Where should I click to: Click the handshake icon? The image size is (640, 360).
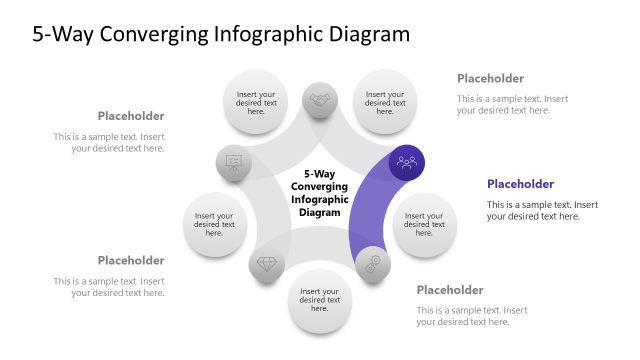(x=320, y=100)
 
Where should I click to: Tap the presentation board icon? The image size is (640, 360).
(x=234, y=162)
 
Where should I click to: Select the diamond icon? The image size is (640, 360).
(x=267, y=264)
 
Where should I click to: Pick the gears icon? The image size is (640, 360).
(x=373, y=264)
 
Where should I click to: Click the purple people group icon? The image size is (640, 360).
(x=407, y=162)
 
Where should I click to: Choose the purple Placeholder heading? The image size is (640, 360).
(x=520, y=184)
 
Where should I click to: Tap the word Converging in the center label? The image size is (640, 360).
(x=320, y=186)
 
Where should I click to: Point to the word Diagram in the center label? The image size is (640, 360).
(x=320, y=212)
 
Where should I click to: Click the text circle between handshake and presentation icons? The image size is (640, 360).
(x=256, y=100)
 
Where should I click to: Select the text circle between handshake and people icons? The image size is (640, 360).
(x=384, y=100)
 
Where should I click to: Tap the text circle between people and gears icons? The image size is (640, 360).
(x=424, y=223)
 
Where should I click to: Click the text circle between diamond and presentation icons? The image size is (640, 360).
(x=215, y=223)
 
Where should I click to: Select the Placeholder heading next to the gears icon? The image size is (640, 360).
(x=449, y=290)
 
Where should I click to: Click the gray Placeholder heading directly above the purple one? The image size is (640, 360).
(x=490, y=78)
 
